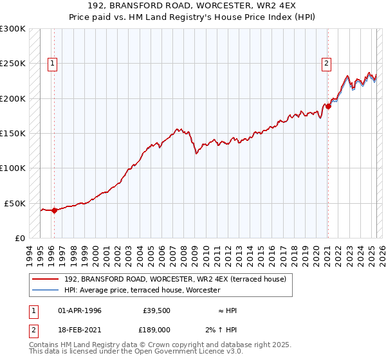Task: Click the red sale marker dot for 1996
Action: point(54,210)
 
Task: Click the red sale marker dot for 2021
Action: point(328,106)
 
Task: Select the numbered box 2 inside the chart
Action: point(327,63)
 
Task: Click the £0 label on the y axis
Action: point(20,238)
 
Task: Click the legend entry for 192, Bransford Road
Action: point(179,279)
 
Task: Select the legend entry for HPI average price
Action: point(142,290)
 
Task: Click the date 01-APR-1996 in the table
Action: point(80,310)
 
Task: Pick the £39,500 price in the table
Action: point(156,310)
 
